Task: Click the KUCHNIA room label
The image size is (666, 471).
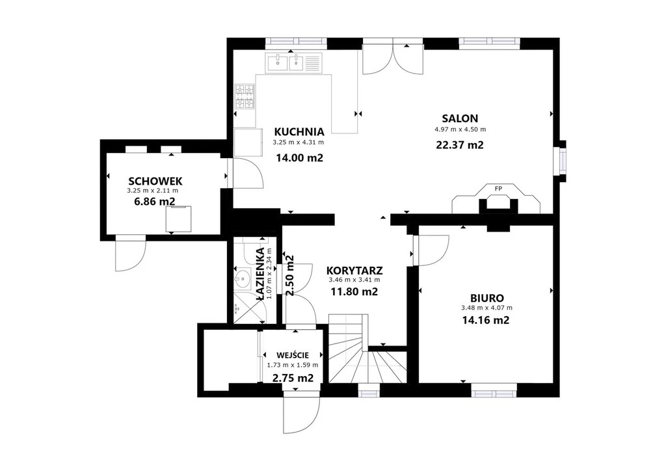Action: coord(299,131)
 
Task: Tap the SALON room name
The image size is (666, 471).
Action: coord(460,118)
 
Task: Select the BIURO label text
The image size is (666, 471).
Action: coord(486,298)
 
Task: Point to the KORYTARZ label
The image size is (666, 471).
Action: coord(354,271)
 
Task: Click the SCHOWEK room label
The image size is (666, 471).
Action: coord(155,182)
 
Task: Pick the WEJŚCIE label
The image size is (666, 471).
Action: coord(293,355)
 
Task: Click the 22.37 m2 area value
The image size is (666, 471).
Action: coord(460,145)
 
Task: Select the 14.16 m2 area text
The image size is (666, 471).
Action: coord(485,320)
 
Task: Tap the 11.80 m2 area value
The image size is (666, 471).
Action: coord(354,292)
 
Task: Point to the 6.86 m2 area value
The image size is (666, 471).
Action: coord(155,201)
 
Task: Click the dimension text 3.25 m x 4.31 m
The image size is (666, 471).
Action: coord(298,142)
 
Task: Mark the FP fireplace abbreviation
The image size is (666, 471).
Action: coord(498,189)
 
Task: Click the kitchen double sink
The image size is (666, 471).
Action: coord(294,62)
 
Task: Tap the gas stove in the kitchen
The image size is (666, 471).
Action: coord(245,96)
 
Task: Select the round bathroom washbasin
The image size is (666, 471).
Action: coord(242,279)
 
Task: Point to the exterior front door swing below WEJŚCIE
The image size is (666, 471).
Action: coord(301,415)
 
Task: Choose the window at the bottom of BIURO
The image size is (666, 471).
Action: coord(494,390)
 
